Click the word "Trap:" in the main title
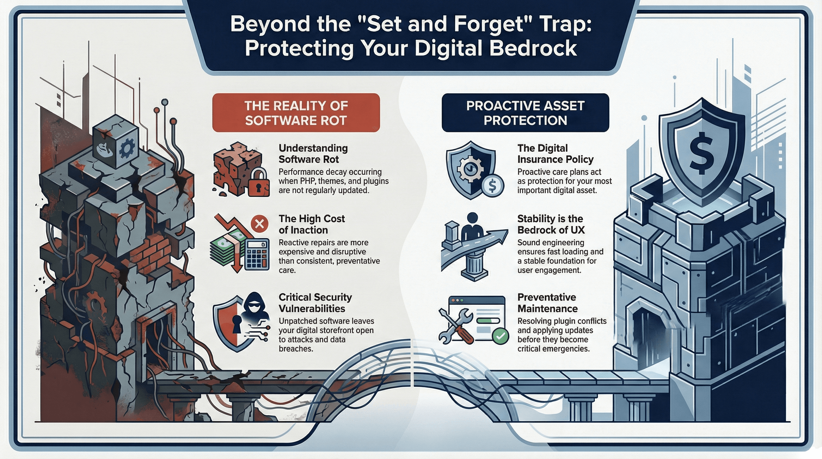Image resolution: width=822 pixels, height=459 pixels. tap(564, 24)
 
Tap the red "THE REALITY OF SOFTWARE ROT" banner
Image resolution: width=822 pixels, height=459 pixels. tap(296, 113)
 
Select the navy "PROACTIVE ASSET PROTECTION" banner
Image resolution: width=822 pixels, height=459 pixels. tap(525, 113)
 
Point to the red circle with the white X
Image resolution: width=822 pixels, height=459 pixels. tap(260, 224)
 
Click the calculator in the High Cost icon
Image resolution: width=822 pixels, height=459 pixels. tap(257, 255)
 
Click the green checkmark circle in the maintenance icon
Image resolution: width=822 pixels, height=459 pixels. tap(501, 336)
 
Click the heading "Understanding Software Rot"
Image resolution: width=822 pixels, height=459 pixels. tap(313, 154)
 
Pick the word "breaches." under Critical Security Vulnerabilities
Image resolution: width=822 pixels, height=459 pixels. tap(295, 349)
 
